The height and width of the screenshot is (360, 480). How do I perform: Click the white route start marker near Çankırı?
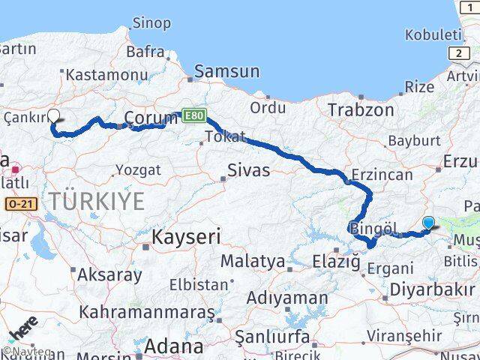(53, 116)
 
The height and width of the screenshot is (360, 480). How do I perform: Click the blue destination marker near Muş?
(428, 222)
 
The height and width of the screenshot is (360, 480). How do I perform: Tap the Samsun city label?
(226, 72)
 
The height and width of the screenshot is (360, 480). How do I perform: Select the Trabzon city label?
(361, 109)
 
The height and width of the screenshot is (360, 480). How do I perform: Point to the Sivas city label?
(250, 169)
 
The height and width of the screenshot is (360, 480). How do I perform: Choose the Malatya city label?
(252, 262)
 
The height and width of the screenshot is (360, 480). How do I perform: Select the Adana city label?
(174, 346)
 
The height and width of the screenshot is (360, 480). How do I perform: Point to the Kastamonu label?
(106, 75)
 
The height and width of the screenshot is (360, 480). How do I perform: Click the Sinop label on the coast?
(151, 23)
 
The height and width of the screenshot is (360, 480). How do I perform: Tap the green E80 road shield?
(191, 115)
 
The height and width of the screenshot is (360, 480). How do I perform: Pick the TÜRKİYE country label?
(97, 201)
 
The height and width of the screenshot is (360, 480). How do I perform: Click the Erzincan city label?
(382, 175)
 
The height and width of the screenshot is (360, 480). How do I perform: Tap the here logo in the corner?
(23, 331)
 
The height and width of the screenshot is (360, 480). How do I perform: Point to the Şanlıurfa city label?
(272, 335)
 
